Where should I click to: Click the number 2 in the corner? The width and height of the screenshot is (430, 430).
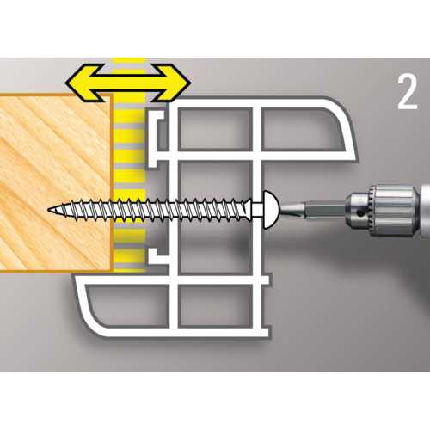[x=408, y=92]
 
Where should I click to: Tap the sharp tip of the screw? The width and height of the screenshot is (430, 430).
[x=49, y=210]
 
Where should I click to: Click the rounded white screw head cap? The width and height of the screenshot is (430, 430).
[x=270, y=210]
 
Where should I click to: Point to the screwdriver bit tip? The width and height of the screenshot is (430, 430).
[x=282, y=210]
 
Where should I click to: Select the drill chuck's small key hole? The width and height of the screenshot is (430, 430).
[x=359, y=212]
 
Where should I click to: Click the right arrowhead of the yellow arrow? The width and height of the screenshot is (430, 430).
[x=174, y=83]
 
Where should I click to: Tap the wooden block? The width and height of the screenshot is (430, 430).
[x=55, y=182]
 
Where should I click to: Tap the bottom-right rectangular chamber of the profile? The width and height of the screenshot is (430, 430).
[x=215, y=306]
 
